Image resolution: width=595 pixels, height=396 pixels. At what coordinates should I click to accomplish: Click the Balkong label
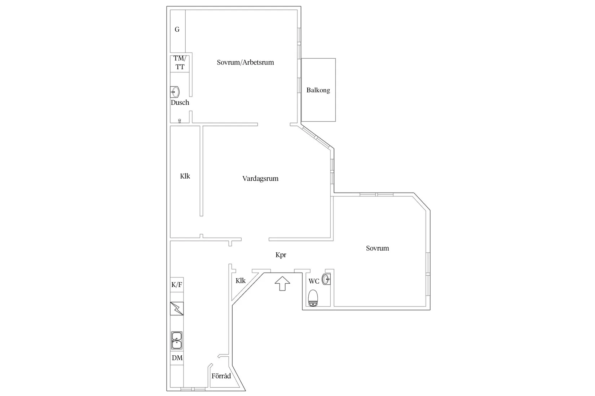[x=318, y=90]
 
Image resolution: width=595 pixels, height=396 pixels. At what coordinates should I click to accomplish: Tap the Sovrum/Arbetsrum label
[x=245, y=62]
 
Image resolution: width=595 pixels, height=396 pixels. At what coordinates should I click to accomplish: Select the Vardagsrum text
[x=260, y=179]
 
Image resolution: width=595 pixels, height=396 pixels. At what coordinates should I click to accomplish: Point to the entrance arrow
[x=282, y=283]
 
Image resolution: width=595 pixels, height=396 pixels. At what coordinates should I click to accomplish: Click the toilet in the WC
[x=313, y=298]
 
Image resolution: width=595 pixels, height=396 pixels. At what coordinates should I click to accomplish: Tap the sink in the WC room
[x=327, y=279]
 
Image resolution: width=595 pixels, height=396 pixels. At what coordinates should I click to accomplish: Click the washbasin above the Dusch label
[x=175, y=92]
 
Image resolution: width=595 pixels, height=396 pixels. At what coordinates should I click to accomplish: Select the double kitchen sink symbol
[x=177, y=341]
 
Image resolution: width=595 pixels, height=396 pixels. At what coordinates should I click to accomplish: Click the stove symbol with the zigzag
[x=177, y=309]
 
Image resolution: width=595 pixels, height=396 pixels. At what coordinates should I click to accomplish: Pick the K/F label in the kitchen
[x=177, y=285]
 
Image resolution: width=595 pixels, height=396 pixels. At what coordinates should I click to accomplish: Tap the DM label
[x=177, y=358]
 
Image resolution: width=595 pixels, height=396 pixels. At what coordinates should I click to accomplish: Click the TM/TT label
[x=180, y=63]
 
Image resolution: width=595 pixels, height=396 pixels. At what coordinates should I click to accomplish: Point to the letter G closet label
[x=177, y=30]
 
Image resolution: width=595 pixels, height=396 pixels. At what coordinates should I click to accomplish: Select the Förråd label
[x=221, y=376]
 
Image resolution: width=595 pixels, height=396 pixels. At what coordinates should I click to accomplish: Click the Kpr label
[x=281, y=255]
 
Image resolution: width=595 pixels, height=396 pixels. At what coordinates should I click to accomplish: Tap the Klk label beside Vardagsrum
[x=185, y=176]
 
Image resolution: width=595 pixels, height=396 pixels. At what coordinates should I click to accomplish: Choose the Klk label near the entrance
[x=241, y=281]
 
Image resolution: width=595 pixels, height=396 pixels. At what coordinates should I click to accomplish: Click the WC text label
[x=314, y=281]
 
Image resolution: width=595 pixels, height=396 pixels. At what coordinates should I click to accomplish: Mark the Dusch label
[x=180, y=103]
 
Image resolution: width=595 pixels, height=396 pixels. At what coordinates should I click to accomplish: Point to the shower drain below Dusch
[x=180, y=121]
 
